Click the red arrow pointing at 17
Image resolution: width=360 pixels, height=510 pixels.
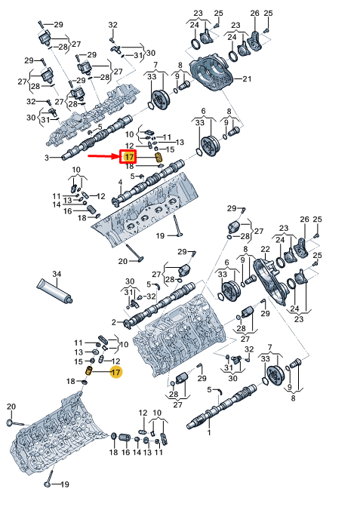coord(104,156)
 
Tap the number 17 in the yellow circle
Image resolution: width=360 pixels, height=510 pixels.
coord(115,372)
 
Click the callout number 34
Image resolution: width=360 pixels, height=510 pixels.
coord(57,274)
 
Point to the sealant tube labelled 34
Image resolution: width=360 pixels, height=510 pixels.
coord(54,291)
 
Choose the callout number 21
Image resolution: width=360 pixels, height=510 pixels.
coord(247,78)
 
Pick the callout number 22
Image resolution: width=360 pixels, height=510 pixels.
coord(265,249)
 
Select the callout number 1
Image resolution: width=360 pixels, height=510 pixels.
coord(209,432)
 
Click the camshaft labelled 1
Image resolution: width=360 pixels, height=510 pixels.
coord(221,406)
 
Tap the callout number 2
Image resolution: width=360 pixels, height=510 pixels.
coord(114,322)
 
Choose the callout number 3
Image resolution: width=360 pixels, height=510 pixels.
coord(47,158)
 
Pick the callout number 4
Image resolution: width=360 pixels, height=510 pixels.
coord(120,183)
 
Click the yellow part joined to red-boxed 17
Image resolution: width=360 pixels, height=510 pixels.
coord(158,158)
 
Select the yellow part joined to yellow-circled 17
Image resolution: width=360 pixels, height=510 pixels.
coord(89,370)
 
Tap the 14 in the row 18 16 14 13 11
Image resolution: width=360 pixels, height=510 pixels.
coord(137,452)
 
